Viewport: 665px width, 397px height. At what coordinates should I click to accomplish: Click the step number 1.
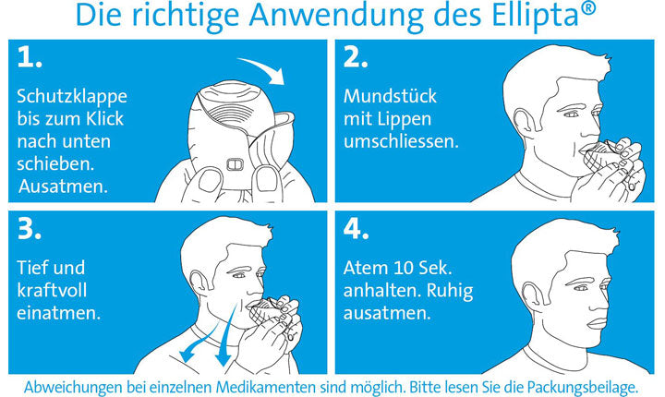coord(30,57)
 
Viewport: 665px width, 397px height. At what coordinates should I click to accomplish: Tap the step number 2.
coord(356,57)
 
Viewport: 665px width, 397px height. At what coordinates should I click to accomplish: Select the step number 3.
coord(30,229)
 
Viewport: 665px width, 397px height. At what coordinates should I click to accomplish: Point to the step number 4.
coord(356,229)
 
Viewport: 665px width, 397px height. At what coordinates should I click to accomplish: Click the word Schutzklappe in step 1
coord(72,97)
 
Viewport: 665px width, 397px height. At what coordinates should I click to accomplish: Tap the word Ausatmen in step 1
coord(63,186)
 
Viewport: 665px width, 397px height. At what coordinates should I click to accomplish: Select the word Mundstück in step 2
coord(390,96)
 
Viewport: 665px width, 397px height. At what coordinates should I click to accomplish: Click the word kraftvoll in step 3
coord(52,291)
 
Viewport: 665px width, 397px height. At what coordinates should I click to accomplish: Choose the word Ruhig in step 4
coord(450,292)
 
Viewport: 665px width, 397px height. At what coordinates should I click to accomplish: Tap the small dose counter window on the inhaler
coord(235,163)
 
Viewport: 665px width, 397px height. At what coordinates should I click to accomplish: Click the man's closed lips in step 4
coord(598,323)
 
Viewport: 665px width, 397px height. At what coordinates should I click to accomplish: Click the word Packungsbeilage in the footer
coord(582,387)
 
